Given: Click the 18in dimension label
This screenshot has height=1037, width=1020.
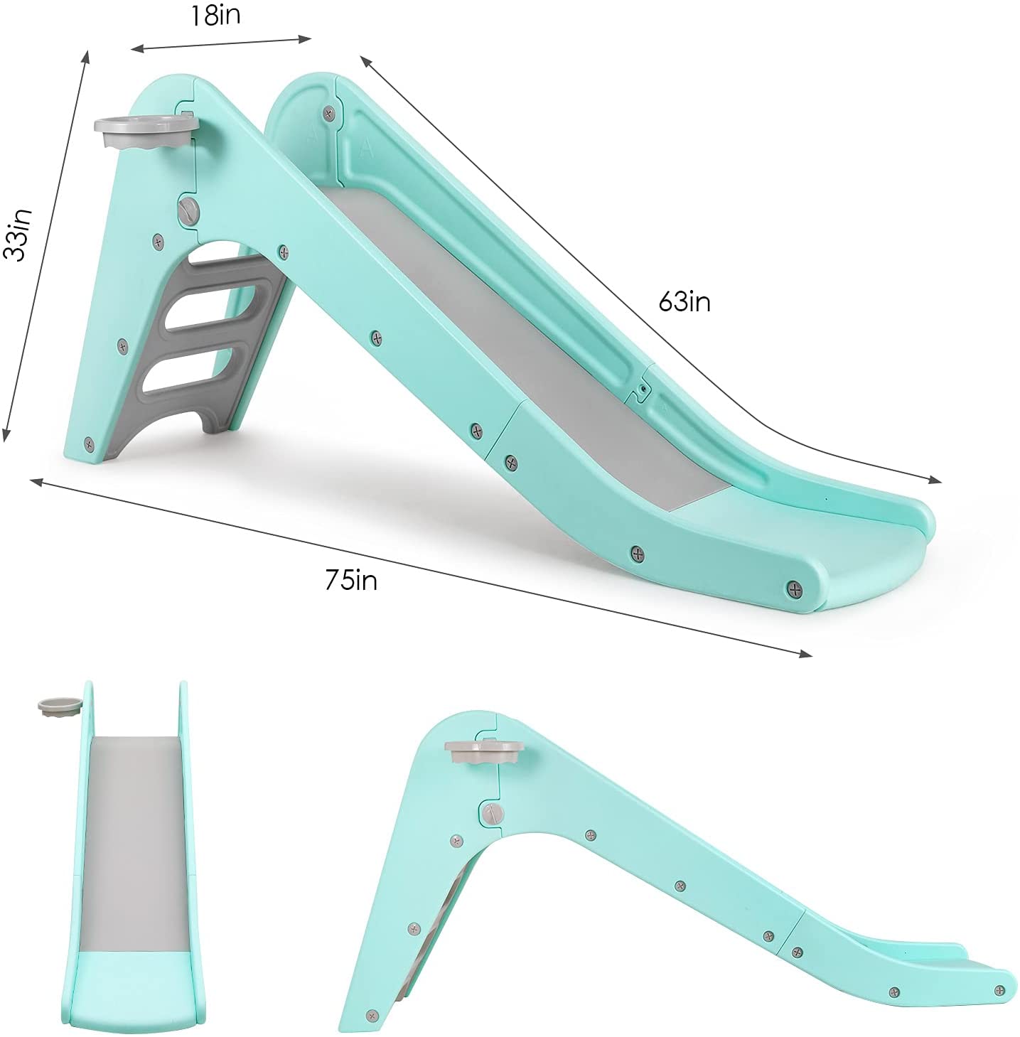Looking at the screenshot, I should pos(215,16).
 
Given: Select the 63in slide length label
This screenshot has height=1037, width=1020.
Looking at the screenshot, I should pos(684,302).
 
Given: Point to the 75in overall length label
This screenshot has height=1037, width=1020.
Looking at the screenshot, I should pos(351,581).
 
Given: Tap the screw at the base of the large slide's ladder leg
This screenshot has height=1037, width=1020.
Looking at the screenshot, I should pos(89,444).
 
